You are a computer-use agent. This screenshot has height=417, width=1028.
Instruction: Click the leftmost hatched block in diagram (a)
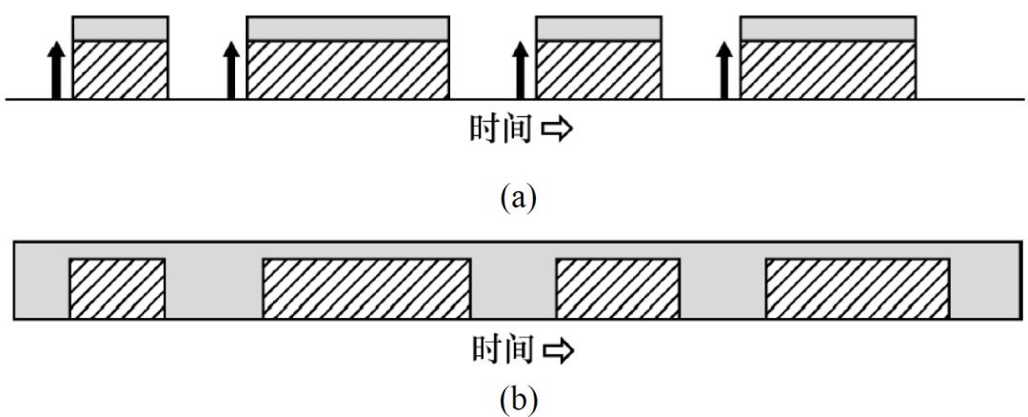pos(121,69)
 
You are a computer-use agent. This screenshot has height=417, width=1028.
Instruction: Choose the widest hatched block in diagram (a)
pos(348,69)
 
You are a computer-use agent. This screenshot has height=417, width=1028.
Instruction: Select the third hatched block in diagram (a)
pos(599,69)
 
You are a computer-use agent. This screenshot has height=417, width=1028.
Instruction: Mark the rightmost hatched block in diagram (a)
pos(828,69)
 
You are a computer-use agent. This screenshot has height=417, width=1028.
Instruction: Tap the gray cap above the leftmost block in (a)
pos(121,30)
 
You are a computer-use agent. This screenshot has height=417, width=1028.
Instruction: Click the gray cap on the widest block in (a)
pos(348,30)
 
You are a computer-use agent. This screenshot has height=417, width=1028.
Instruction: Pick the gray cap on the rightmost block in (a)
pos(828,30)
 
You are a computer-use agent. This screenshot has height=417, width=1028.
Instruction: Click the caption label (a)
pos(519,198)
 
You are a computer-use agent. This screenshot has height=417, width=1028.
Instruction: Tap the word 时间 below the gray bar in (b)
pos(501,351)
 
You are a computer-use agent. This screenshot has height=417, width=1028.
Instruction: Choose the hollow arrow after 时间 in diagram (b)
pos(556,352)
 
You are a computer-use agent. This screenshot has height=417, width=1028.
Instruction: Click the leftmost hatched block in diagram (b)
pos(117,288)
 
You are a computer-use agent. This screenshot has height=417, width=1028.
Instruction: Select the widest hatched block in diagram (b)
pos(366,288)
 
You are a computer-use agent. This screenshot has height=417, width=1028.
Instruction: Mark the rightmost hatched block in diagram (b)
pos(858,288)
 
